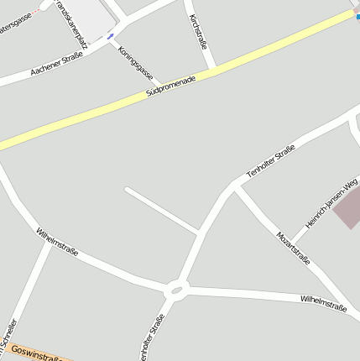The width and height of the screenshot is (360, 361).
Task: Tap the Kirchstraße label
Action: click(197, 31)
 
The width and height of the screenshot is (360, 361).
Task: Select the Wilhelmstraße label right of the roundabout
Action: click(323, 302)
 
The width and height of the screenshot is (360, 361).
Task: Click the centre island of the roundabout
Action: click(175, 291)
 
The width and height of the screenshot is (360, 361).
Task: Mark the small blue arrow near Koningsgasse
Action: click(110, 37)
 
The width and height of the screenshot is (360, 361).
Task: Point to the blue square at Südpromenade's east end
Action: click(357, 15)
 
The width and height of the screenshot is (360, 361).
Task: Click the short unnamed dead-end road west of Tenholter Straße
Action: click(161, 209)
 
